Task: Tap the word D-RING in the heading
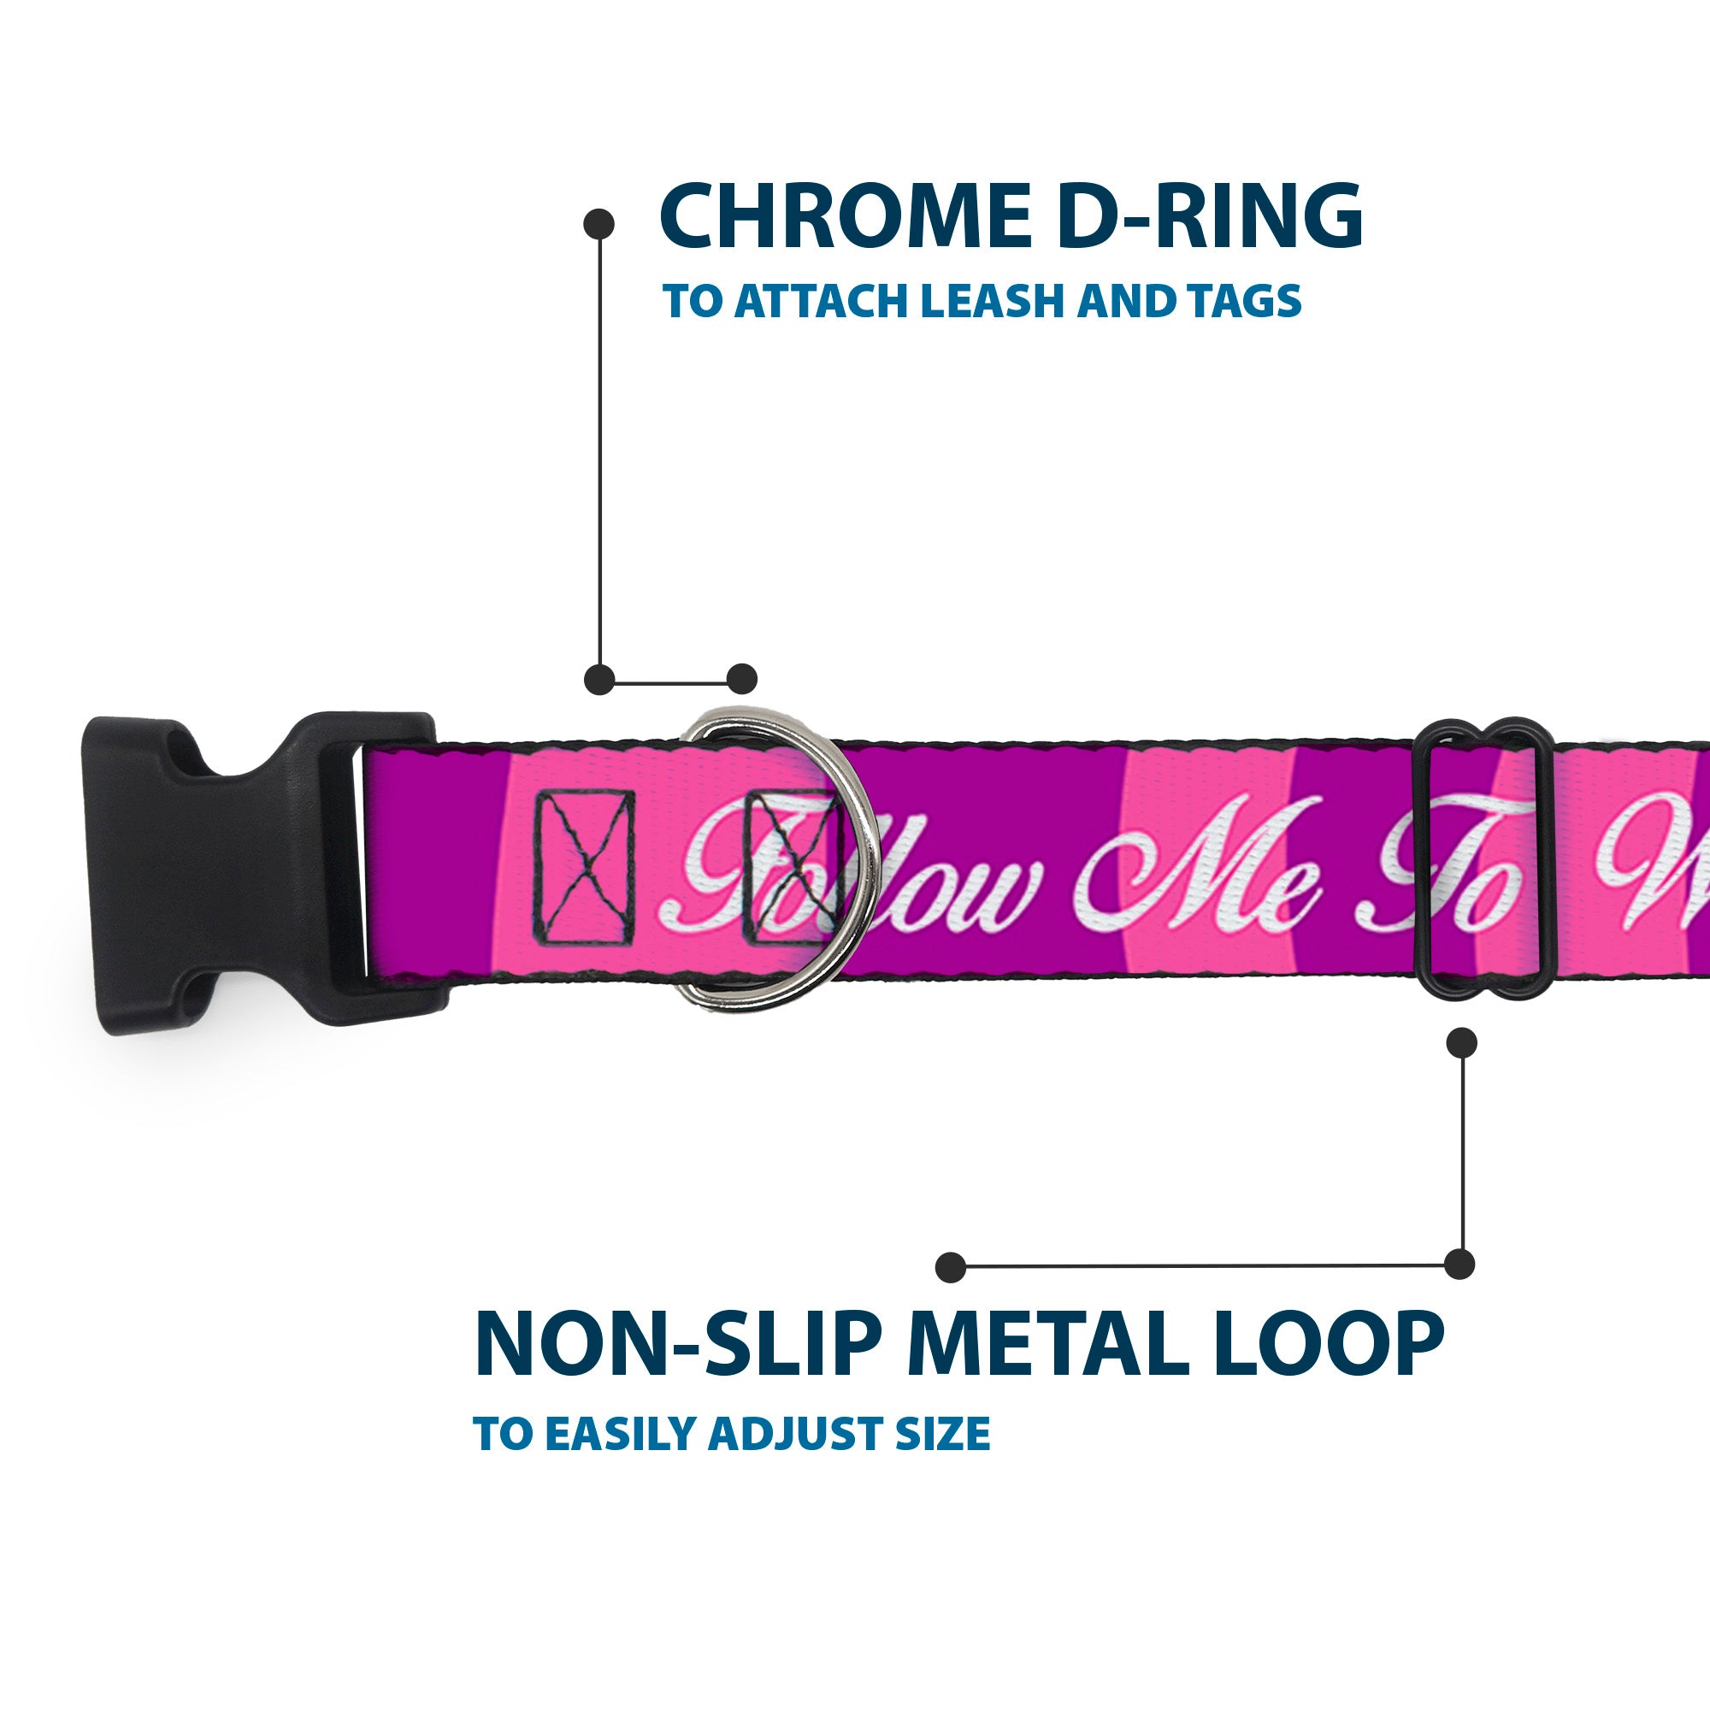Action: [1209, 217]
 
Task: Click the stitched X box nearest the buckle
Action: [584, 865]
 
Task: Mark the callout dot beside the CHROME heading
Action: [599, 224]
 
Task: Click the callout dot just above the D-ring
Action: [741, 680]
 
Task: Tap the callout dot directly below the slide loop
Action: [1461, 1042]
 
